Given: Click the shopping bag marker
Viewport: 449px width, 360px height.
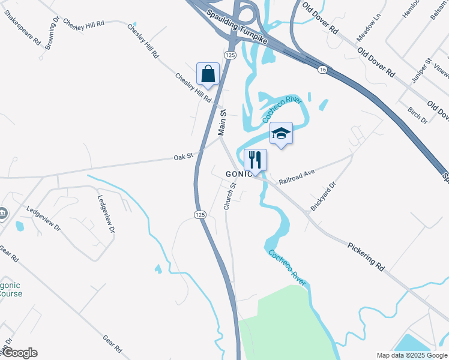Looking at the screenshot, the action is pyautogui.click(x=208, y=74).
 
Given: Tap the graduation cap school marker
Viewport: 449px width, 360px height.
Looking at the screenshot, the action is pyautogui.click(x=281, y=134).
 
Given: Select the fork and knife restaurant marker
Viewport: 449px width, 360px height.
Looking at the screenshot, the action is pyautogui.click(x=255, y=160).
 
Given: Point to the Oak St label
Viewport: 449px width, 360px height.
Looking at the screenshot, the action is pyautogui.click(x=183, y=157).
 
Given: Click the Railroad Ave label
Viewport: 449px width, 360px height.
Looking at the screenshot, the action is pyautogui.click(x=297, y=176).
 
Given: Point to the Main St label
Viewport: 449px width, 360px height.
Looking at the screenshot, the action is pyautogui.click(x=221, y=122).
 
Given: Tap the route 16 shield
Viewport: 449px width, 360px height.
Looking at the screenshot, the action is pyautogui.click(x=323, y=70).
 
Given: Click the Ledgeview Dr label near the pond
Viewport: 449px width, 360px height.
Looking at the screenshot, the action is pyautogui.click(x=43, y=218).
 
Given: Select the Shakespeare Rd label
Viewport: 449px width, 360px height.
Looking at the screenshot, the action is pyautogui.click(x=22, y=28).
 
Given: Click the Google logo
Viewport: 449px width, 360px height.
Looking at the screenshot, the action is pyautogui.click(x=20, y=353).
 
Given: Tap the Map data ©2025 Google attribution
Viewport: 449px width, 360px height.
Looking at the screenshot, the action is pyautogui.click(x=412, y=355).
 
